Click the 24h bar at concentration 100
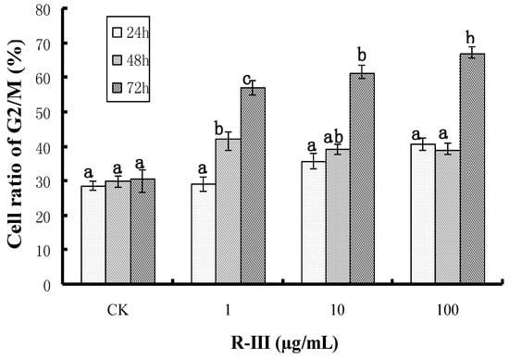point(423,214)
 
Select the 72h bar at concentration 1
point(253,185)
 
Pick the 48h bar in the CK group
point(118,232)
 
